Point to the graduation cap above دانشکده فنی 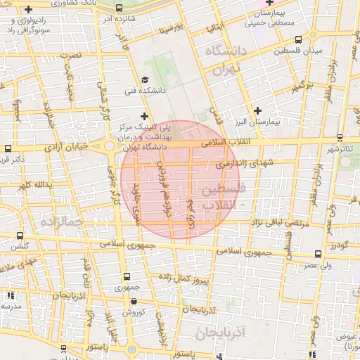tap(145, 79)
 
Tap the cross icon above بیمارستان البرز tap(259, 110)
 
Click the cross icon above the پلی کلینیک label tap(145, 116)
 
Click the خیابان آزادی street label tap(74, 147)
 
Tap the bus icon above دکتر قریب tap(7, 148)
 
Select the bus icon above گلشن tap(19, 236)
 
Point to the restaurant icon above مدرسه tap(10, 295)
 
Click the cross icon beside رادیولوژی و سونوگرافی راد tap(28, 10)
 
